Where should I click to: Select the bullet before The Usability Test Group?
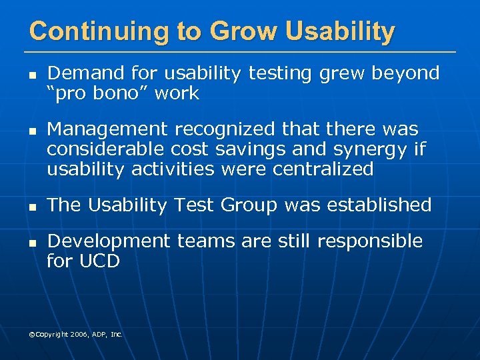click(31, 207)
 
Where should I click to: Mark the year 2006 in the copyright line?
click(75, 334)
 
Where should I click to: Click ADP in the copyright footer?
click(97, 334)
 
